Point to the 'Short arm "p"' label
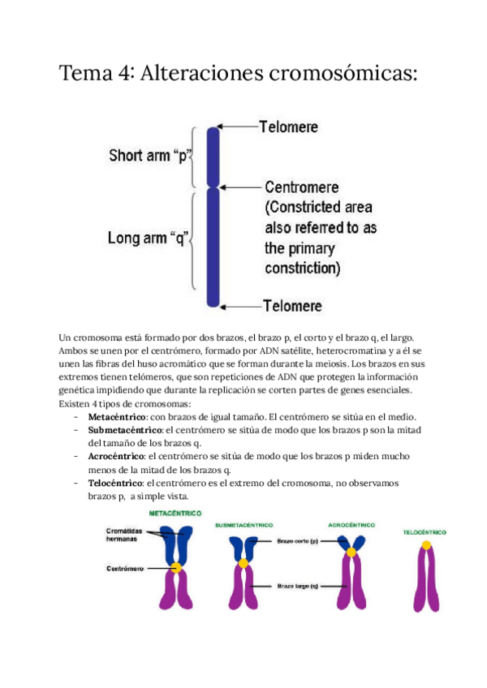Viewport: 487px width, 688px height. pyautogui.click(x=146, y=154)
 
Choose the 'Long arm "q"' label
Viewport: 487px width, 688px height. pyautogui.click(x=148, y=239)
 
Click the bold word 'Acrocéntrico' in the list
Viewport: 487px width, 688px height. pyautogui.click(x=118, y=456)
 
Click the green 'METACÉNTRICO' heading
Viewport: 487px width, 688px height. pyautogui.click(x=175, y=513)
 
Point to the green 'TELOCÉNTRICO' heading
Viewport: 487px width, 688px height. pyautogui.click(x=425, y=532)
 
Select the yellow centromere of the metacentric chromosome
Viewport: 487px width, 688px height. pyautogui.click(x=175, y=568)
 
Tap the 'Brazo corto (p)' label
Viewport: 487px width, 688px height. pyautogui.click(x=298, y=540)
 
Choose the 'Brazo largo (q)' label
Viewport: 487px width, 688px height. pyautogui.click(x=298, y=585)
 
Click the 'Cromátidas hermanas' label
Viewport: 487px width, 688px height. pyautogui.click(x=123, y=535)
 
